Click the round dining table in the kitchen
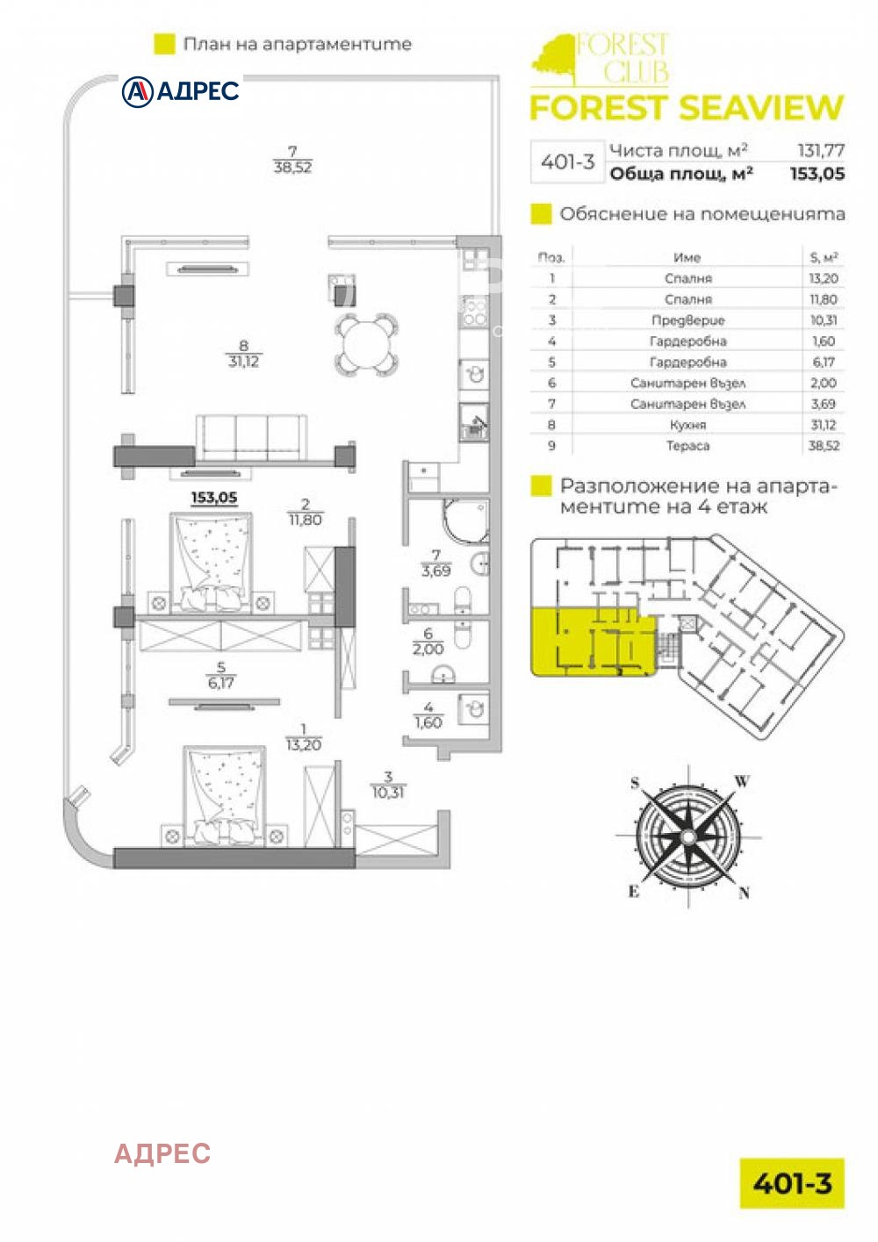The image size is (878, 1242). (367, 345)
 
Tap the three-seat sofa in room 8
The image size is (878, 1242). (251, 438)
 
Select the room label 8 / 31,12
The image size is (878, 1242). (243, 355)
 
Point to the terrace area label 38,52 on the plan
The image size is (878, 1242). (293, 167)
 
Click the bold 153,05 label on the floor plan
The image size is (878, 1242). (214, 498)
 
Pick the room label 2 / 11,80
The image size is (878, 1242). (305, 512)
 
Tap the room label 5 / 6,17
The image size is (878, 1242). (220, 675)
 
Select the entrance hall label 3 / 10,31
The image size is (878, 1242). (388, 785)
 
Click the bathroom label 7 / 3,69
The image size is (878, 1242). (436, 563)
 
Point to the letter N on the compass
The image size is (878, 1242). (744, 893)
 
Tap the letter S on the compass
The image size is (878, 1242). (635, 783)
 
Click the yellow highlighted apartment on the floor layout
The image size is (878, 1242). (594, 642)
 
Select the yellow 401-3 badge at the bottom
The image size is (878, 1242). (792, 1183)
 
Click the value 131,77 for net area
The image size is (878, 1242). (821, 150)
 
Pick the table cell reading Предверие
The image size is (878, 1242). (687, 320)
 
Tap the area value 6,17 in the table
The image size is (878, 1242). (824, 362)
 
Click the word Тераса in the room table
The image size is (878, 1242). (687, 446)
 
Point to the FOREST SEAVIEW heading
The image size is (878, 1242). (687, 108)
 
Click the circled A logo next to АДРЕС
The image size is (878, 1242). (137, 91)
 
